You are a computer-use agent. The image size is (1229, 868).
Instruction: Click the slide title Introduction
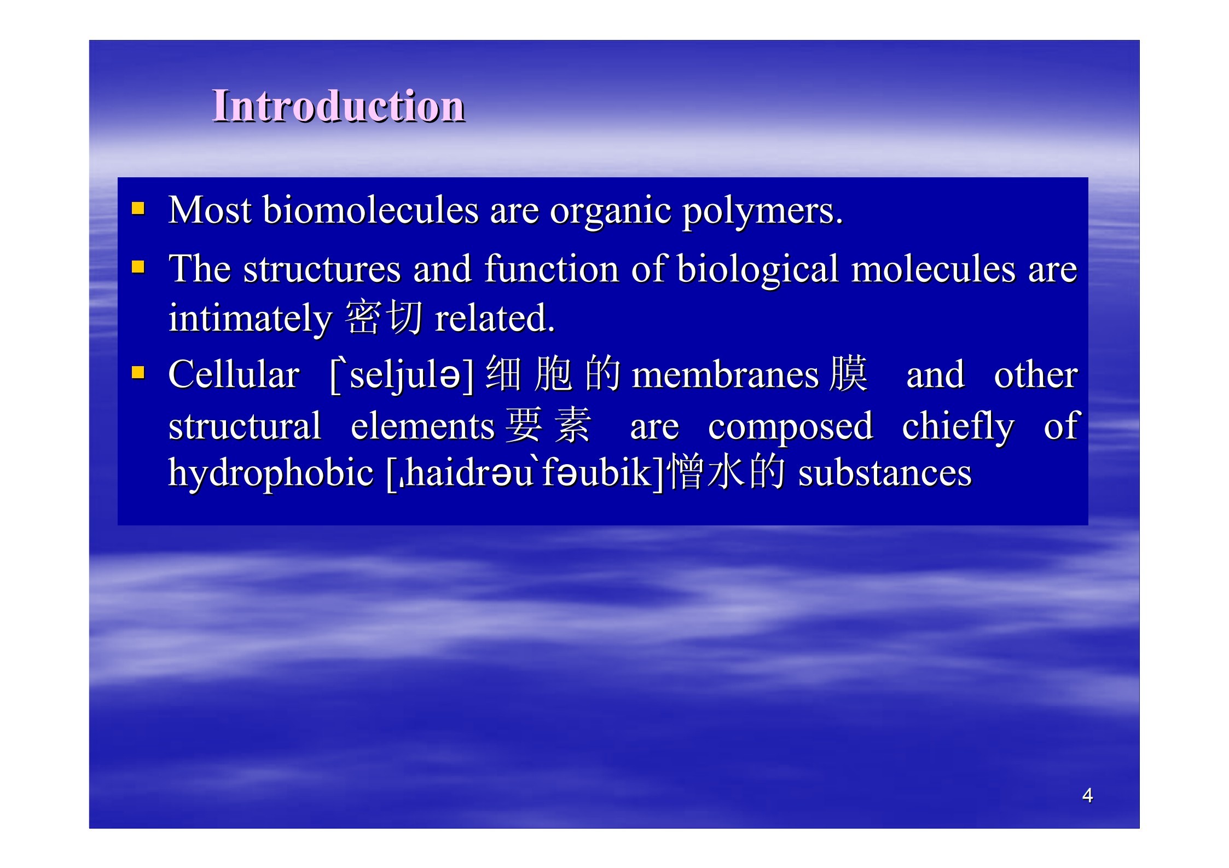click(339, 106)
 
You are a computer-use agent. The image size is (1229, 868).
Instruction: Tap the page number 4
click(1087, 795)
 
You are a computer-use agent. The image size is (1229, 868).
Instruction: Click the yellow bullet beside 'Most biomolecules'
click(138, 209)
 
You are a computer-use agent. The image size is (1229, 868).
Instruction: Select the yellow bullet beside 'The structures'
click(138, 267)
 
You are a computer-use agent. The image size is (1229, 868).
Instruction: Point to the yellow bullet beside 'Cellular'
click(138, 373)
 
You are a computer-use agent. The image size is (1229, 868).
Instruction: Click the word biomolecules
click(371, 210)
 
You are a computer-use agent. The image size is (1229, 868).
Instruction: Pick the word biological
click(758, 270)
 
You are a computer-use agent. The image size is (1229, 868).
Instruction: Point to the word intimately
click(250, 320)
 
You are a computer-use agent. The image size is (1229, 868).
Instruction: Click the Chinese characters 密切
click(384, 317)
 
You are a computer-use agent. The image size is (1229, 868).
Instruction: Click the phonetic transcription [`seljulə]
click(402, 376)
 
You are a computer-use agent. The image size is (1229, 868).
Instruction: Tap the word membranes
click(726, 375)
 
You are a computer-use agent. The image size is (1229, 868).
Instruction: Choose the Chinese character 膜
click(848, 373)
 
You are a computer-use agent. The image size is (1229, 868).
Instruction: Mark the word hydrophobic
click(271, 474)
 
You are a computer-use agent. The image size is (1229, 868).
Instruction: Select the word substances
click(885, 473)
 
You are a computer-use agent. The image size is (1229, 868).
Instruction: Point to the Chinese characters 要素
click(548, 425)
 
